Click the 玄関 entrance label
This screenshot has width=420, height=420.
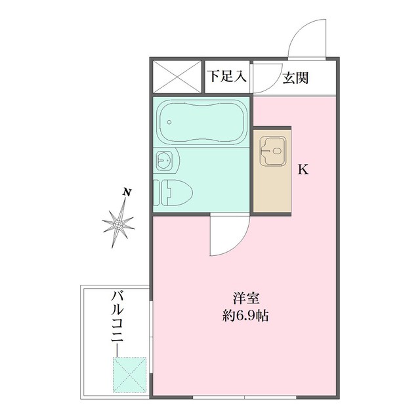(296, 77)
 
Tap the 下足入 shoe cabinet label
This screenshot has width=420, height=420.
(227, 76)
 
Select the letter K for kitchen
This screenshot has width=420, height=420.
(303, 169)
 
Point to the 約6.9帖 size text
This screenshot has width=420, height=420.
(244, 315)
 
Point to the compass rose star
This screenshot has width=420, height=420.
(119, 224)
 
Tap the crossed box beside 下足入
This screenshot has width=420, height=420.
(178, 76)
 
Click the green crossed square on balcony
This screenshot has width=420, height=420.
(129, 373)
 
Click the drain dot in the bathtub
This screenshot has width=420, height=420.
(169, 121)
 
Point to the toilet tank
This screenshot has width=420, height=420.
(157, 194)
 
